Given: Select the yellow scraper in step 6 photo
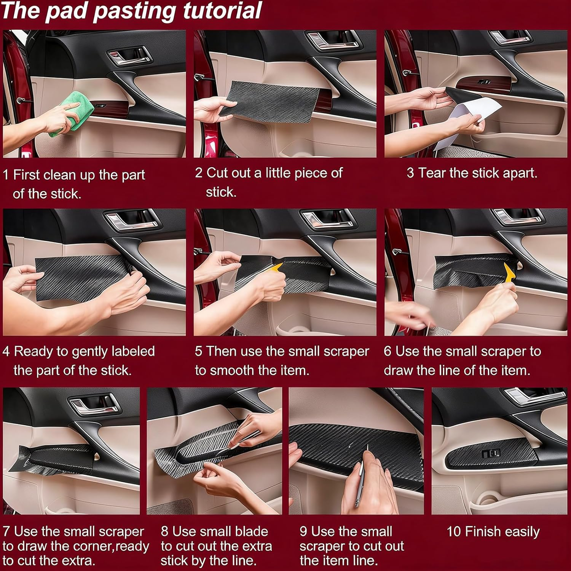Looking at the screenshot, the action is [509, 273].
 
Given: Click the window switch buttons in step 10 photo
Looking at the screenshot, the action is [491, 453].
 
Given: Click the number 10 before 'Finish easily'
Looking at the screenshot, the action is [454, 531].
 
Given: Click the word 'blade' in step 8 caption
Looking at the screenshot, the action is [251, 531].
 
